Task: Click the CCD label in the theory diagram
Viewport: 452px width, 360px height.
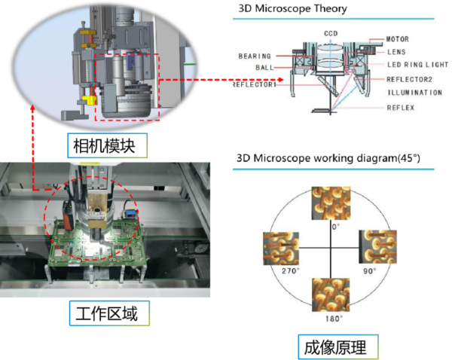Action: [x=331, y=34]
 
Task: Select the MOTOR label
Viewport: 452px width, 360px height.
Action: [x=398, y=38]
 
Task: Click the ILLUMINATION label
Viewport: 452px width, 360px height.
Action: [x=415, y=93]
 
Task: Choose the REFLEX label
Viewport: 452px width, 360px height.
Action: [x=400, y=108]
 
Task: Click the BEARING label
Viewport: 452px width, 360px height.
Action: [x=254, y=56]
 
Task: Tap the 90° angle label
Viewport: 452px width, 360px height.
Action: [x=369, y=270]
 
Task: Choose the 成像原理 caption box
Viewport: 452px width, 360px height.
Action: [x=335, y=347]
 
